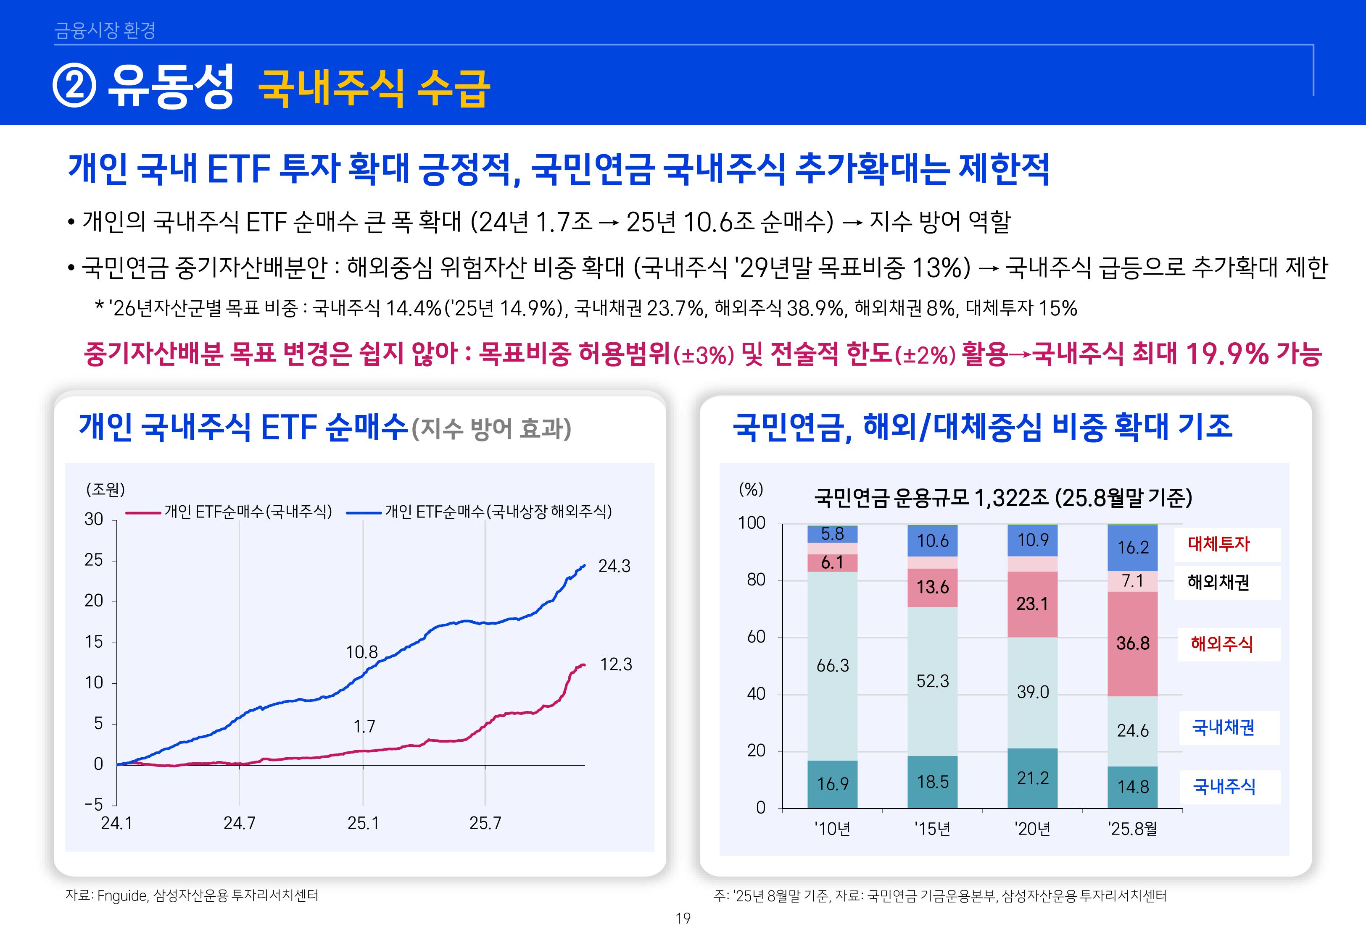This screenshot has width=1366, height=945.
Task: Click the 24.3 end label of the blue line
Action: tap(614, 567)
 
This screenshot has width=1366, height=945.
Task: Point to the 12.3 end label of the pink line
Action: tap(616, 665)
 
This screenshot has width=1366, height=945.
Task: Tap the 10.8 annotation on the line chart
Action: tap(361, 653)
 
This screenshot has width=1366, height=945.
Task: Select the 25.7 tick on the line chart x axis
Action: tap(485, 823)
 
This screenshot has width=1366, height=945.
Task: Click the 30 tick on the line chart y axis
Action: tap(94, 519)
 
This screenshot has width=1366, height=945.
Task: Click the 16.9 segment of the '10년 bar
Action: tap(832, 785)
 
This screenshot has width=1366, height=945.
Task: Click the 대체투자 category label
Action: tap(1218, 544)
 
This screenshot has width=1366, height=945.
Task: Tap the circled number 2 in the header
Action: tap(74, 87)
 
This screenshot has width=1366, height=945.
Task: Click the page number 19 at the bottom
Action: tap(683, 919)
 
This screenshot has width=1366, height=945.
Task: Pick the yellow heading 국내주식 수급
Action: tap(374, 88)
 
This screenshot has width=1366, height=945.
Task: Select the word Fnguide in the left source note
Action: tap(122, 896)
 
